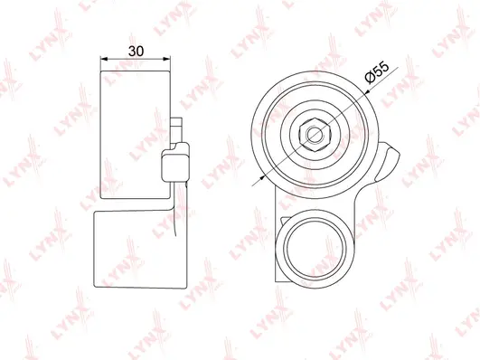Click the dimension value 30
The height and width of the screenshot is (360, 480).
136,51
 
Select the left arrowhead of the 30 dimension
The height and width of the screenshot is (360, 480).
102,60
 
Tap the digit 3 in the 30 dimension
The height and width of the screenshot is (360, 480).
132,51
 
